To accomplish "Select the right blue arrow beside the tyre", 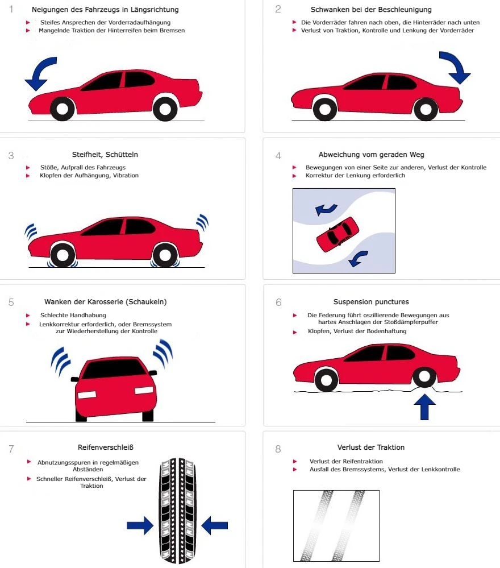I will tap(214, 525).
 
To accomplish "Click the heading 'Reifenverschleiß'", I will tap(106, 447).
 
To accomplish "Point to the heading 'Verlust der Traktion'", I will tap(370, 447).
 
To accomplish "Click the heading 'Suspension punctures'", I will tap(370, 302).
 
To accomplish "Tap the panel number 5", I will tap(11, 302).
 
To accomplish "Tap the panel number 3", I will tap(11, 155).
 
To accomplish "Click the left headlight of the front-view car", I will tap(88, 394).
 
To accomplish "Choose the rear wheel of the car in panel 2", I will tap(424, 109).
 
